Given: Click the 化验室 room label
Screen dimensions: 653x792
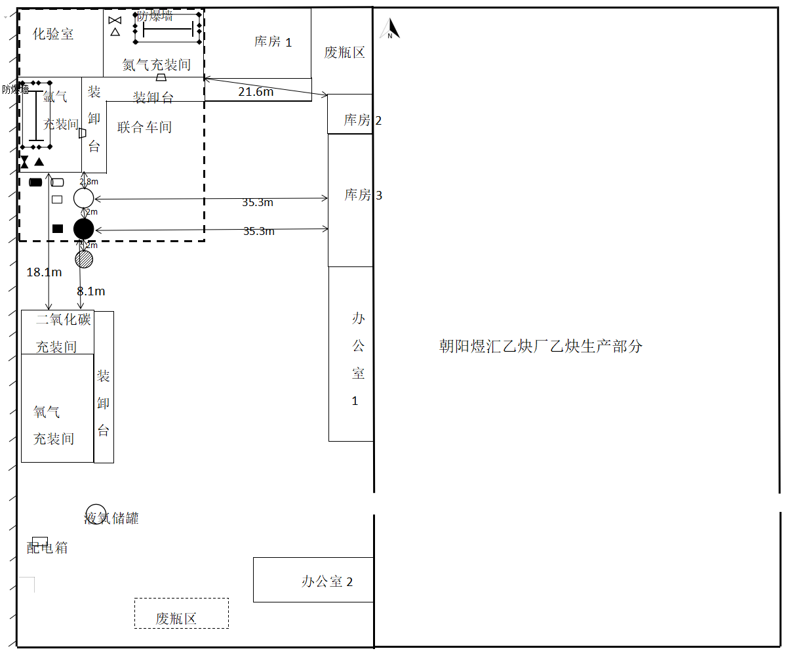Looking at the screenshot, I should pos(53,34).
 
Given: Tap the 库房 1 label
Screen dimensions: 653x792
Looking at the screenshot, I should pos(273,42).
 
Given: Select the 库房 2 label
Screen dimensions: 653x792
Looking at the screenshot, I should pos(362,120).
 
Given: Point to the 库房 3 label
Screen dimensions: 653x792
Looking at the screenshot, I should pos(363,195).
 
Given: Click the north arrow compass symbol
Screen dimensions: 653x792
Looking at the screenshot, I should pos(390,29).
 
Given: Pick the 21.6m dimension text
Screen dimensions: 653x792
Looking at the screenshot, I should pos(256,92).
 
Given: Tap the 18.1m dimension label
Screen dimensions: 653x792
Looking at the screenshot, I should pos(44,272).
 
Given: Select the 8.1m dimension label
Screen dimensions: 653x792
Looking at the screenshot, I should pos(91,291).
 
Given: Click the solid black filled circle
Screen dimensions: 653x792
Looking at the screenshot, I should pos(84,229).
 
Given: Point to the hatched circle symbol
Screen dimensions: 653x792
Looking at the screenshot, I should pos(84,259).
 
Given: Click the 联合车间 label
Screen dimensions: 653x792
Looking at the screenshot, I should pos(144,127).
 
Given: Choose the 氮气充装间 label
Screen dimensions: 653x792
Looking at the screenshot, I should pos(157,65).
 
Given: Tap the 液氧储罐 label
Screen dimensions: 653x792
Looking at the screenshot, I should pos(112,518).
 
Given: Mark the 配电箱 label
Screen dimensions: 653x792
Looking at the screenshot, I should pos(47,547).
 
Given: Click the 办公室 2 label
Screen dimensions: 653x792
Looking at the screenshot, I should pos(327,581).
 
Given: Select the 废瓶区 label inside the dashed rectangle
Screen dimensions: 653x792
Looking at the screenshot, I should pos(176,618).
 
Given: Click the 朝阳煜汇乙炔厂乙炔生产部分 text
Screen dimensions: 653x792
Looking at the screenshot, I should pos(541,346).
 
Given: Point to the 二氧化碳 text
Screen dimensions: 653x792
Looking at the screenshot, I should pos(64,320).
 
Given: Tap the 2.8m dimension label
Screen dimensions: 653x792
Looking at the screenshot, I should pos(89,182).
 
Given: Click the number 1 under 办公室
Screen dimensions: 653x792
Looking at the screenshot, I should pos(355,401).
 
